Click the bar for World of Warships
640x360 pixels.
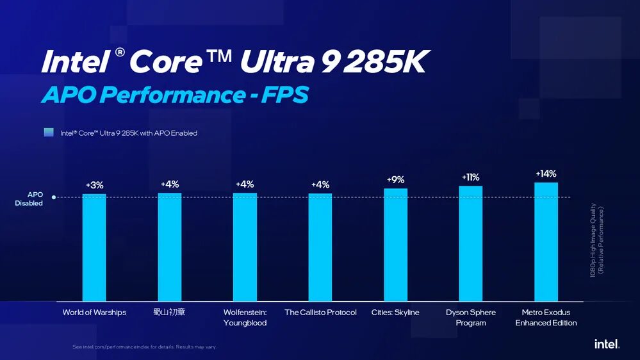point(94,247)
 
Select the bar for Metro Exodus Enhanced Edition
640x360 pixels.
point(546,241)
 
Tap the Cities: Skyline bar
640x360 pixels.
point(395,245)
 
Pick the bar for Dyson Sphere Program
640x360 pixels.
point(471,243)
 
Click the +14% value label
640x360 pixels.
point(546,174)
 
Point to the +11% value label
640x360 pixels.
point(470,177)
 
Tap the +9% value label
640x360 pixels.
point(395,180)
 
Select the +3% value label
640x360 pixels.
point(94,185)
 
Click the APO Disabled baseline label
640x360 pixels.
point(31,199)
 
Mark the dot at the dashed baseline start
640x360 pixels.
point(54,197)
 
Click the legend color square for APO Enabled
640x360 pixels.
point(49,133)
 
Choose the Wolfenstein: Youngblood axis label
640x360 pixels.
point(245,318)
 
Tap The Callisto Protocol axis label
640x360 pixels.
point(320,313)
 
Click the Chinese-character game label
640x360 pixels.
point(169,313)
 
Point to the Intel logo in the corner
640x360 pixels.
point(606,344)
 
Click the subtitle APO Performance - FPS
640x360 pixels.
point(175,95)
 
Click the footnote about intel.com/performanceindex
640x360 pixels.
point(144,347)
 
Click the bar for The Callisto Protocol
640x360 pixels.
point(320,247)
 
